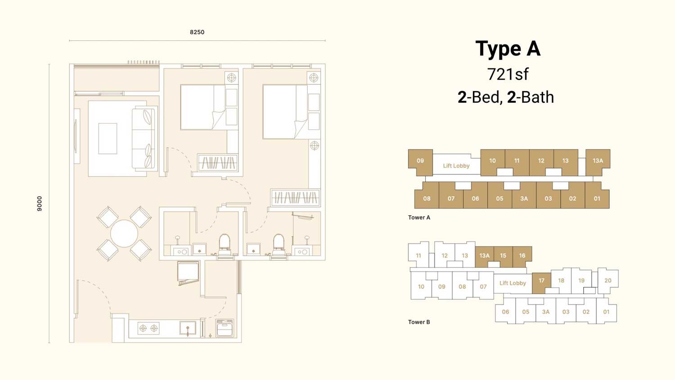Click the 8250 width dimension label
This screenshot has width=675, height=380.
[197, 32]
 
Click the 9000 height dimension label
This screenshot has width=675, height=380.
[40, 204]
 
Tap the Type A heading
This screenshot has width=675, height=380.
[508, 49]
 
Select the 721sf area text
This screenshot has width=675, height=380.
[508, 74]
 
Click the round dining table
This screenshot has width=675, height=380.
[124, 233]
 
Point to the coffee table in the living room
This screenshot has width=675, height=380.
[108, 138]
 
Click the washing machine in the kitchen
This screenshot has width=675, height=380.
[225, 328]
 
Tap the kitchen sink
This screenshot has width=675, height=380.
[188, 328]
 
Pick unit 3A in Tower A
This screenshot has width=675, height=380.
[524, 199]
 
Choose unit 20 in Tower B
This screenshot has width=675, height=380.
[608, 280]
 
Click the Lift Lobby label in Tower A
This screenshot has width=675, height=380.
[456, 166]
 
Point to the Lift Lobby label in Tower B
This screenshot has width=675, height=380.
[513, 283]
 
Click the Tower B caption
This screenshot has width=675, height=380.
[419, 322]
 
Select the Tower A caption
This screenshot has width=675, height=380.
[419, 217]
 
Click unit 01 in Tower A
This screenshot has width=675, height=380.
[597, 199]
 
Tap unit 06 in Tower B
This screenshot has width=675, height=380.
[505, 312]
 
